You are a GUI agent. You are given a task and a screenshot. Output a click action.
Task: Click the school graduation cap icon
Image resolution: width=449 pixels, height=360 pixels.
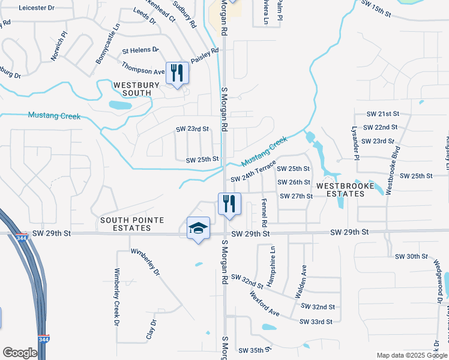pos(199,229)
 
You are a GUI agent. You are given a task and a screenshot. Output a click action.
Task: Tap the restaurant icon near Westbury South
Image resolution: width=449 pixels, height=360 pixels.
pos(177,74)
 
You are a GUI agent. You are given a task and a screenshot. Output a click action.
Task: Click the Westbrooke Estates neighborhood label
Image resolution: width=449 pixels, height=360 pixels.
pos(345,186)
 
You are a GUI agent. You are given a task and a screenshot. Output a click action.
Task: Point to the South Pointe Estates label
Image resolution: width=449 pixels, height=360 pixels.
pos(133,224)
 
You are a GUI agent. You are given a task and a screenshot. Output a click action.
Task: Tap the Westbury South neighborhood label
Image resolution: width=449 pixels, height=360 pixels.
pos(136,89)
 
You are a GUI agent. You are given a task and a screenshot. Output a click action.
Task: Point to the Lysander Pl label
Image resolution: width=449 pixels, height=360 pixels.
pos(355,145)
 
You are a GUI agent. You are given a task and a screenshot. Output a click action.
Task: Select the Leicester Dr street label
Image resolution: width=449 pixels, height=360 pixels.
pos(37,8)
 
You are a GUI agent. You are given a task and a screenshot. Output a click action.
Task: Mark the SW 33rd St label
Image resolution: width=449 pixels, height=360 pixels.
pos(317,322)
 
